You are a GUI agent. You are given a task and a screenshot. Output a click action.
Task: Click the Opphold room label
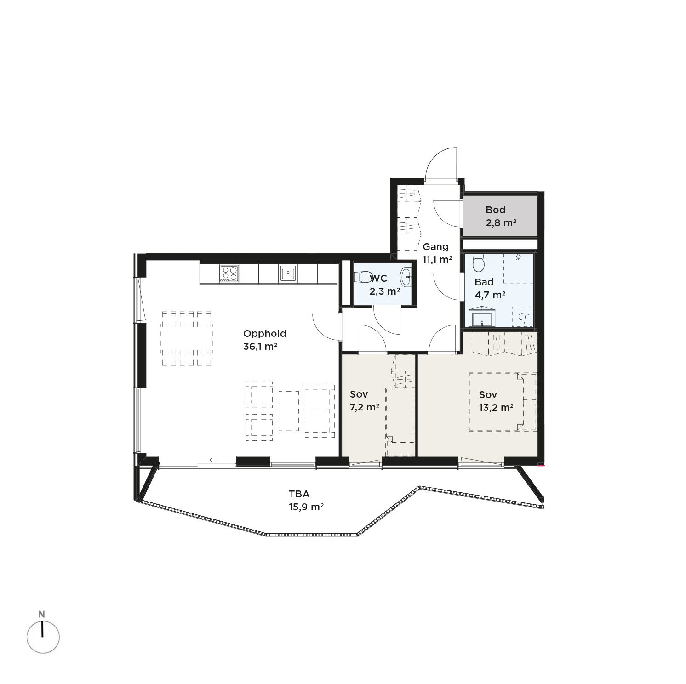point(264,334)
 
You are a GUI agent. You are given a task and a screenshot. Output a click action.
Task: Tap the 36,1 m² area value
point(260,347)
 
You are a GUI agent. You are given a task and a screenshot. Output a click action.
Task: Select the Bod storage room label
point(496,210)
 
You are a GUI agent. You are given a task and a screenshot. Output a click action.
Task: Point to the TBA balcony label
point(299,494)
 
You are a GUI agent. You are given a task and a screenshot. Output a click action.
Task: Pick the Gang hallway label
point(435,247)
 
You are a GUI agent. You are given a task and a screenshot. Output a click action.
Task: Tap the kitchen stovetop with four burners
point(229,274)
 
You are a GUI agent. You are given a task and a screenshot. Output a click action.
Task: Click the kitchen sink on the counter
point(288,274)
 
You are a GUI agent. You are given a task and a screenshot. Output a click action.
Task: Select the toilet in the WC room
point(364,277)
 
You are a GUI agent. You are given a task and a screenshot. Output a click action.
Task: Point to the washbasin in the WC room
point(406,277)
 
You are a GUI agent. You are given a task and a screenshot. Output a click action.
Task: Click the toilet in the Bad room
point(478,263)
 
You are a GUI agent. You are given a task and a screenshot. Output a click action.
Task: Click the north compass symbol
point(43,637)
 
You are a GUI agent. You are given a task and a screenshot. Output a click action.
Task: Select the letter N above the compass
point(42,614)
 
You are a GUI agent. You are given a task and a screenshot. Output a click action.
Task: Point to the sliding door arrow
point(213,460)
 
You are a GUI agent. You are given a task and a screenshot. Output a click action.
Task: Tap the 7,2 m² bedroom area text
point(365,407)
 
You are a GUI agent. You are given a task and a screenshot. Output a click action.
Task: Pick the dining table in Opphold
point(187,338)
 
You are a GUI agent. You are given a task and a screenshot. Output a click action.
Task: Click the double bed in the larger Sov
point(503,402)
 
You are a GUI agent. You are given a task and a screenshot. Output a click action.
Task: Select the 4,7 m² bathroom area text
point(490,295)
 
